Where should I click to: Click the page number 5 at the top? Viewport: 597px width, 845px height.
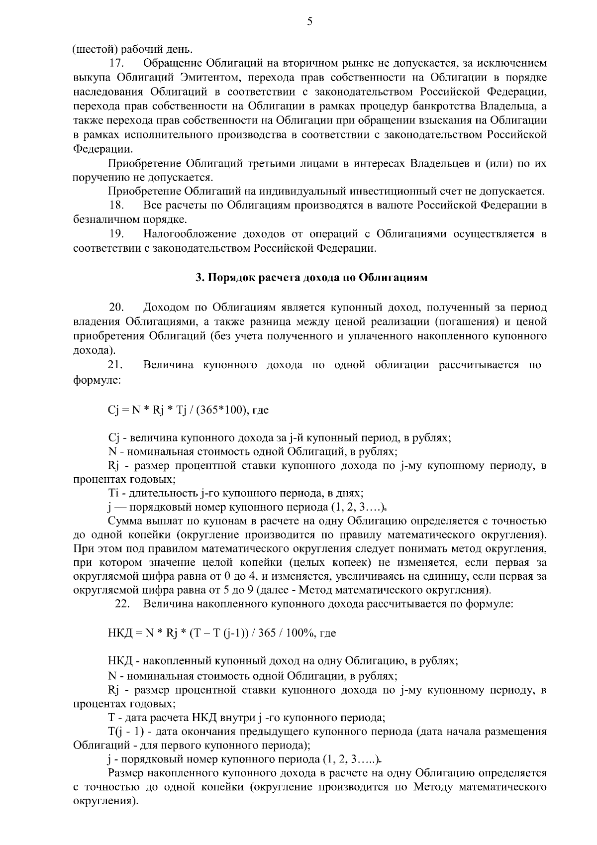click(x=310, y=21)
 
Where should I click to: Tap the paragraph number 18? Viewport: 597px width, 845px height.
click(x=116, y=205)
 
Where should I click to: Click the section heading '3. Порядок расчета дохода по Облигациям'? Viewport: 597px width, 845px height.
click(x=311, y=278)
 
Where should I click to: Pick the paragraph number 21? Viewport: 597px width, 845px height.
click(x=116, y=365)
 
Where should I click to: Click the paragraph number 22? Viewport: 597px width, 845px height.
click(x=122, y=604)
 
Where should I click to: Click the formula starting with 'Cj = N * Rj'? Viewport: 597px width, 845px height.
click(x=188, y=410)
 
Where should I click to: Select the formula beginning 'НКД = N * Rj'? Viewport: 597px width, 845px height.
click(x=221, y=634)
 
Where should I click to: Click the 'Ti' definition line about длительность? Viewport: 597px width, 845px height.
click(x=235, y=494)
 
